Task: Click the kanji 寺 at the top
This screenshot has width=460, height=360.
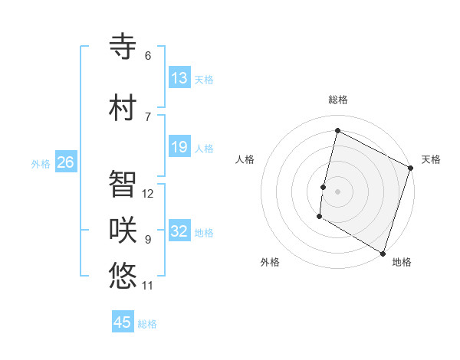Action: click(123, 46)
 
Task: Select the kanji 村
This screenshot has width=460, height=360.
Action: click(123, 107)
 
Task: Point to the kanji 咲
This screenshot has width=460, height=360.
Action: click(123, 230)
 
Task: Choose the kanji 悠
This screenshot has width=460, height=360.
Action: click(123, 276)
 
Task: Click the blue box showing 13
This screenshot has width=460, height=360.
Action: click(179, 78)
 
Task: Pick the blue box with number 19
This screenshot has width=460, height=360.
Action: click(179, 147)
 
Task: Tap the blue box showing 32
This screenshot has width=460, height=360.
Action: click(179, 231)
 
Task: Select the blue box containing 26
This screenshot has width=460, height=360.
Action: click(65, 162)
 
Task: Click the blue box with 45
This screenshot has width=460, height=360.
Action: click(123, 322)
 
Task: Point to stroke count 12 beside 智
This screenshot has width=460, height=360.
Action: click(148, 194)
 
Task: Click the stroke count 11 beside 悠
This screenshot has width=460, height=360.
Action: click(148, 286)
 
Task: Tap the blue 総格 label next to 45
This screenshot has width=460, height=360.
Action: click(147, 324)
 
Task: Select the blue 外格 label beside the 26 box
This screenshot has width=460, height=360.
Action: click(41, 164)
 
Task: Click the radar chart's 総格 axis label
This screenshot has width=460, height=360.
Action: click(338, 100)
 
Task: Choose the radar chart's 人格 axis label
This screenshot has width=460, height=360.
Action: click(245, 159)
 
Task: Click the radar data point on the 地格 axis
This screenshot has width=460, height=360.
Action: click(382, 253)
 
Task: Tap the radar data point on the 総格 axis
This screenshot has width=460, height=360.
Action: click(337, 131)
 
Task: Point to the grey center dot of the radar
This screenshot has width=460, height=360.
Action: click(337, 191)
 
